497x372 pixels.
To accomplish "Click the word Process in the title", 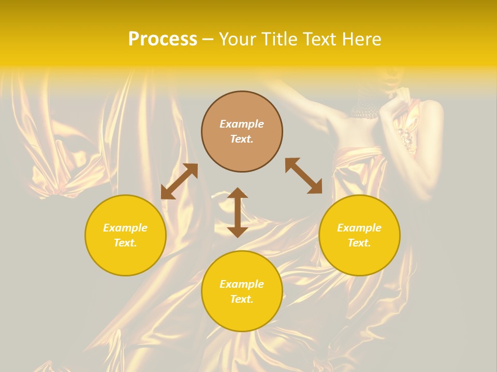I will coord(163,39).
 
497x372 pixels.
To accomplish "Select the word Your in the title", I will coord(239,39).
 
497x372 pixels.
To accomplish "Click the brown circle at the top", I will coord(242,131).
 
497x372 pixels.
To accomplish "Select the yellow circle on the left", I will coord(125,235).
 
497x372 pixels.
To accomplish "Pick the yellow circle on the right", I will coord(359,235).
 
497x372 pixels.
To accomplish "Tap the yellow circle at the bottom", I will coord(242,291).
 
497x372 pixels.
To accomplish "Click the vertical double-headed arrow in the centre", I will coord(238,212).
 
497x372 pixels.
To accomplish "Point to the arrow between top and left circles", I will coord(179,181).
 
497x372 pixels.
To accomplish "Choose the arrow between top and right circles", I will coord(304,176).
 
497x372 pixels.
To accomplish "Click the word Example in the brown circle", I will coord(242,124).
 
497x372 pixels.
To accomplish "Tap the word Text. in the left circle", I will coord(125,243).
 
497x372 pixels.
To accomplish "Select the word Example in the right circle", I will coord(359,228).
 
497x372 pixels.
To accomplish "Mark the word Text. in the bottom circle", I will coord(242,299).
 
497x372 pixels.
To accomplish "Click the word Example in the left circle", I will coord(125,228).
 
